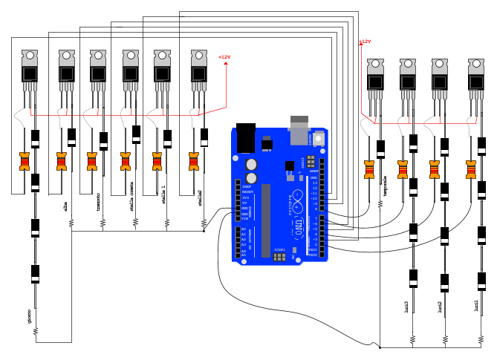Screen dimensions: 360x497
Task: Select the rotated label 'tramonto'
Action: [98, 204]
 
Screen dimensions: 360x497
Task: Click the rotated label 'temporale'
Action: [385, 187]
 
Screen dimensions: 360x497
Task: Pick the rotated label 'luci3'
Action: [406, 306]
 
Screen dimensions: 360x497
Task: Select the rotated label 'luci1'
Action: [475, 306]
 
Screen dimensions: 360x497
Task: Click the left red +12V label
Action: [224, 57]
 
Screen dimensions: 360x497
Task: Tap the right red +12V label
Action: [365, 42]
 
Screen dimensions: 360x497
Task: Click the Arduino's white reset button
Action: [319, 138]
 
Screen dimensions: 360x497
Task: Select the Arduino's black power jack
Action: [244, 138]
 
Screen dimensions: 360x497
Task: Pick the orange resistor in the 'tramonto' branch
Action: [92, 161]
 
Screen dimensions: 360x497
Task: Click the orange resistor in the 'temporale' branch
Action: [368, 169]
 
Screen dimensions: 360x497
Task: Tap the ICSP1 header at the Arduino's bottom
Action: [279, 256]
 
